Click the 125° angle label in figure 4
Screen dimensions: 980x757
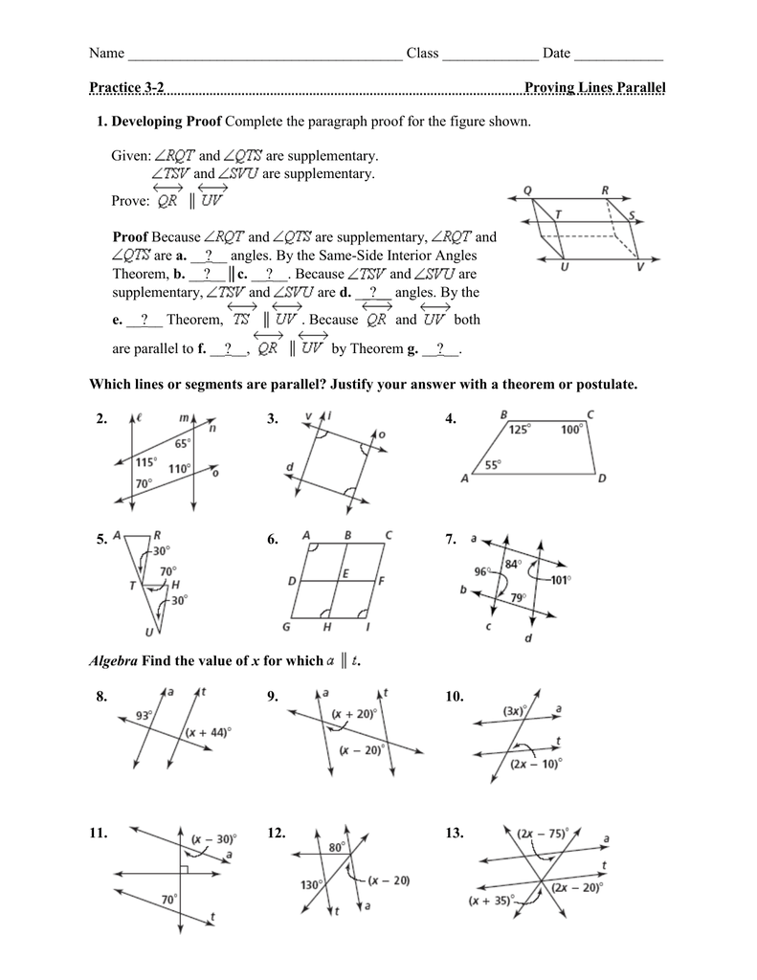click(x=520, y=430)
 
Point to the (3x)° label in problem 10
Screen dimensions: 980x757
click(x=513, y=711)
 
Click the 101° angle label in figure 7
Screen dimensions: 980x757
click(x=560, y=579)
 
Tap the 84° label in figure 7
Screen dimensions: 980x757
click(x=512, y=563)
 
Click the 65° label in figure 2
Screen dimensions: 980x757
click(x=182, y=443)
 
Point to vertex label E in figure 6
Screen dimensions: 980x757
click(x=345, y=573)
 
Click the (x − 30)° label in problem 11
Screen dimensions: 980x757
click(x=212, y=839)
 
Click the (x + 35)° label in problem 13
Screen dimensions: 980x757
click(x=491, y=901)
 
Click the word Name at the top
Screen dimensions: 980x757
click(x=107, y=53)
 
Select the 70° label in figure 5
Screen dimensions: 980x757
click(x=167, y=571)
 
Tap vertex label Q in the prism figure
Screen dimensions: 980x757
click(x=527, y=189)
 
